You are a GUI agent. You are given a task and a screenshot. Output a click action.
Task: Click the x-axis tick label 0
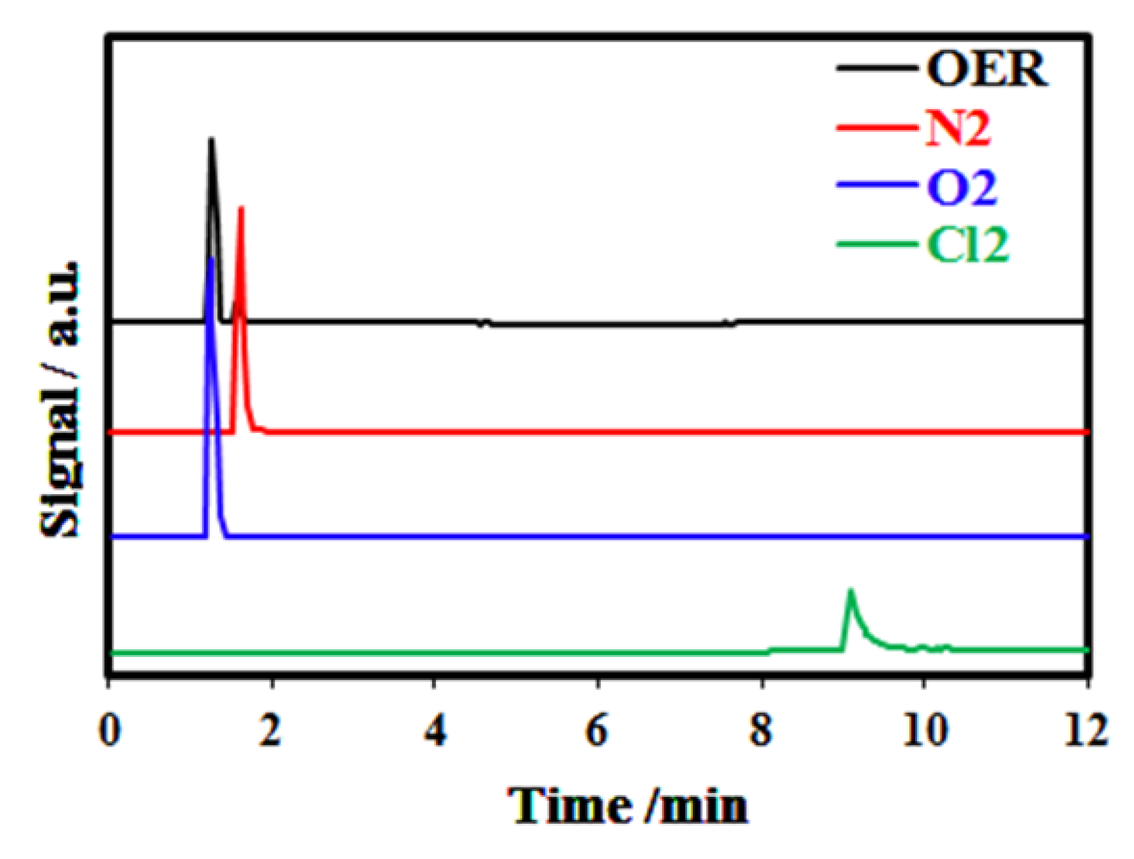[110, 730]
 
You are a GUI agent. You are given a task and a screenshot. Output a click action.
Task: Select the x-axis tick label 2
[271, 730]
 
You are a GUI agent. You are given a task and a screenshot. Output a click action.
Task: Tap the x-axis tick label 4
[435, 730]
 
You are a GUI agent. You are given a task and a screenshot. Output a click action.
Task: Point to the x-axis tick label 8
[761, 730]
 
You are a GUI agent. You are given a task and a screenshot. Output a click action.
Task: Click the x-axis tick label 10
[924, 730]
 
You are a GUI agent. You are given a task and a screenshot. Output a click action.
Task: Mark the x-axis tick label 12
[1086, 730]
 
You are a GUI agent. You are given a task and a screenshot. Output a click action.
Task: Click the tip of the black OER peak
[210, 139]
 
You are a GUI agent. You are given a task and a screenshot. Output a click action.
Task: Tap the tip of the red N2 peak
[241, 208]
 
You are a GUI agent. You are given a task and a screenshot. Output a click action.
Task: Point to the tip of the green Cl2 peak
[850, 590]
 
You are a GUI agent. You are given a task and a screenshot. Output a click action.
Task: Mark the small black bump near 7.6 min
[729, 323]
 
